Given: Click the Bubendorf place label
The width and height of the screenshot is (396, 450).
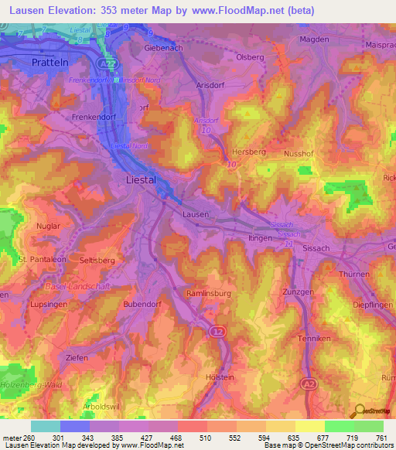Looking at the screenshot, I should click(142, 305).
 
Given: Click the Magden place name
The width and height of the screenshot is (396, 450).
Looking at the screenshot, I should click(314, 39).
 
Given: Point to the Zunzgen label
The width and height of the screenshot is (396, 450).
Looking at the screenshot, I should click(298, 292).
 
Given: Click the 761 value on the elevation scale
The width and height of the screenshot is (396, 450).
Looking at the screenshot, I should click(381, 438).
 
